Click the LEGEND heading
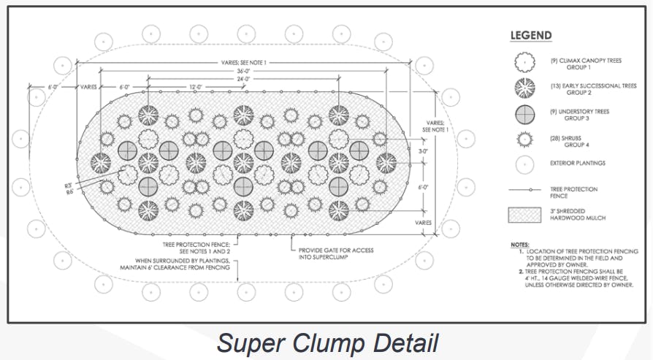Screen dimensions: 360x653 coord(530,36)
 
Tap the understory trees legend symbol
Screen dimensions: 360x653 coord(524,115)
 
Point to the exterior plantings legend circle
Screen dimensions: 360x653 coord(524,164)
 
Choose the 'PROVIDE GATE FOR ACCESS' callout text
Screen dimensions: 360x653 coord(336,250)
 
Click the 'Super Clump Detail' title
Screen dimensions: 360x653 coord(327,342)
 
